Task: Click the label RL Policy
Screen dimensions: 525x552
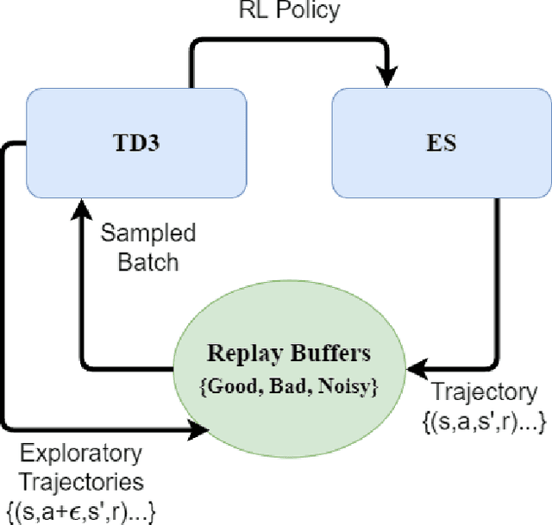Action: click(290, 11)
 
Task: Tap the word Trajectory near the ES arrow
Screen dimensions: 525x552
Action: click(482, 392)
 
